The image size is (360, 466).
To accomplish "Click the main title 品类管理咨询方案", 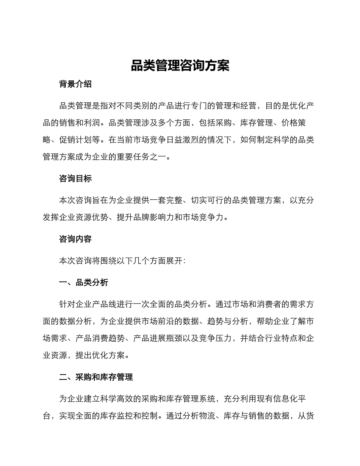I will tap(180, 66).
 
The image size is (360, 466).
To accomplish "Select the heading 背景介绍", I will tap(75, 84).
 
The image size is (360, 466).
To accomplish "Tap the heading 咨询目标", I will tap(75, 179).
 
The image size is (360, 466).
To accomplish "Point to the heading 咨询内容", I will tap(75, 239).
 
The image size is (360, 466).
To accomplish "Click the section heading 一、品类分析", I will tap(84, 282).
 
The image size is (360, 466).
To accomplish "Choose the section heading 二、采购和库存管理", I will tap(96, 377).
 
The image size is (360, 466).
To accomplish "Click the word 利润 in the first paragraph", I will tap(92, 123).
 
